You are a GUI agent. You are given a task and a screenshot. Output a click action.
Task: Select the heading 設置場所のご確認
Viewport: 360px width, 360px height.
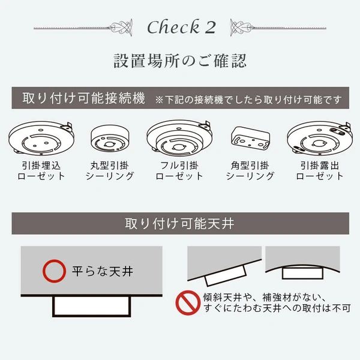(180, 61)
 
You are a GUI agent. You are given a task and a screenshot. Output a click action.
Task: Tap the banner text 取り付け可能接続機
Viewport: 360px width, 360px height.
(83, 98)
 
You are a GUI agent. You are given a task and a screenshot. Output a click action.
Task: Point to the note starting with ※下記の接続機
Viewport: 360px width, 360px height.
(251, 99)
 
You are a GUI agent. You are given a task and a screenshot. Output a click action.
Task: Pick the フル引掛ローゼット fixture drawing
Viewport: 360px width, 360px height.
(179, 138)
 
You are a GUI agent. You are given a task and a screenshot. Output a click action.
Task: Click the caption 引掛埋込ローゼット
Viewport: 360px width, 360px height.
(40, 170)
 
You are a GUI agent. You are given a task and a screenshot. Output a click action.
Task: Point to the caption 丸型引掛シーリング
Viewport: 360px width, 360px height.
(109, 170)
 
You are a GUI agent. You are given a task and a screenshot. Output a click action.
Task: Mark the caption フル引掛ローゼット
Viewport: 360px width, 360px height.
(179, 170)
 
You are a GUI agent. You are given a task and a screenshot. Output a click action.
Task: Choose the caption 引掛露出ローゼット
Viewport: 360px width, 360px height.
(319, 170)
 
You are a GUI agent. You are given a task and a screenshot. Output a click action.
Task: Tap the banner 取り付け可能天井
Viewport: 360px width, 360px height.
(180, 224)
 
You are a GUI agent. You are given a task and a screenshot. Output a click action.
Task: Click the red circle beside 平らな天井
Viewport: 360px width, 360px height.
(55, 271)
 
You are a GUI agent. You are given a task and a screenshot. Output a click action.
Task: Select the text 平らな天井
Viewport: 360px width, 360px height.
(100, 271)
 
